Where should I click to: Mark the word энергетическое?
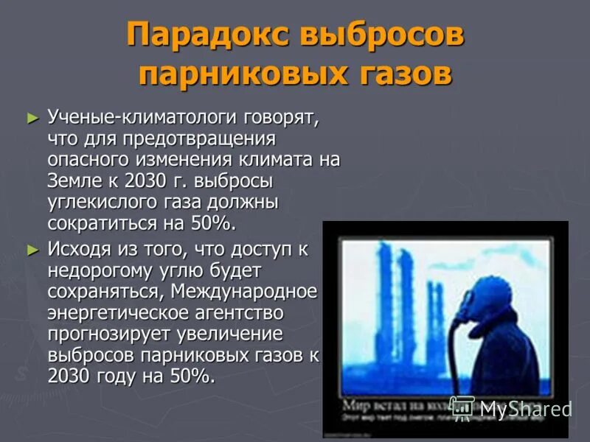112,313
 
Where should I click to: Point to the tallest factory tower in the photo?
384,309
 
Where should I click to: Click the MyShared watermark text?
525,408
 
